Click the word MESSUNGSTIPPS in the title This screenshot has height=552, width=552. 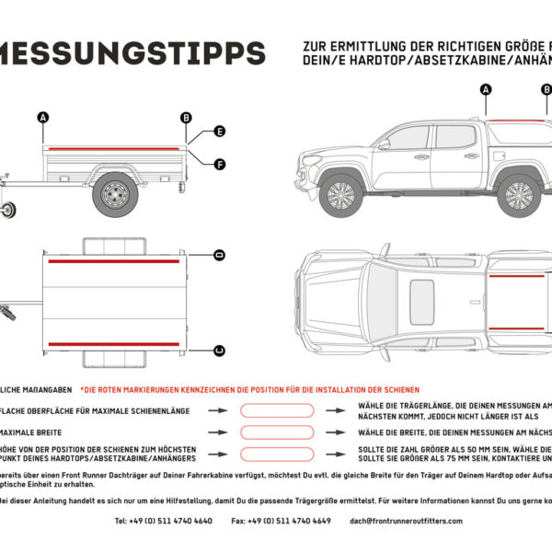(x=133, y=53)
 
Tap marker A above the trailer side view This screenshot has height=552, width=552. (x=42, y=117)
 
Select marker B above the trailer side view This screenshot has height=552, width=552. (x=186, y=117)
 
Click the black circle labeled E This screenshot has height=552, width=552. (x=220, y=132)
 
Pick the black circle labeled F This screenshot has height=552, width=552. (x=220, y=165)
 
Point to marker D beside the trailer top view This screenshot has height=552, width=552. (x=220, y=254)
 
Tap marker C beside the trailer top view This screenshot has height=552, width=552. (x=220, y=350)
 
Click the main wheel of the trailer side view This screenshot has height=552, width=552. (x=115, y=193)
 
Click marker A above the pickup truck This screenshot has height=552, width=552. (x=485, y=89)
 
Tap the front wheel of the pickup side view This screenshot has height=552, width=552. (x=341, y=194)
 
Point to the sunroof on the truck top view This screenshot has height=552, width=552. (x=421, y=300)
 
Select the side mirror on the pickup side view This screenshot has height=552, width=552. (x=384, y=144)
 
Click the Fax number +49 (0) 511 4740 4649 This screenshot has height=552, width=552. (x=282, y=521)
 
